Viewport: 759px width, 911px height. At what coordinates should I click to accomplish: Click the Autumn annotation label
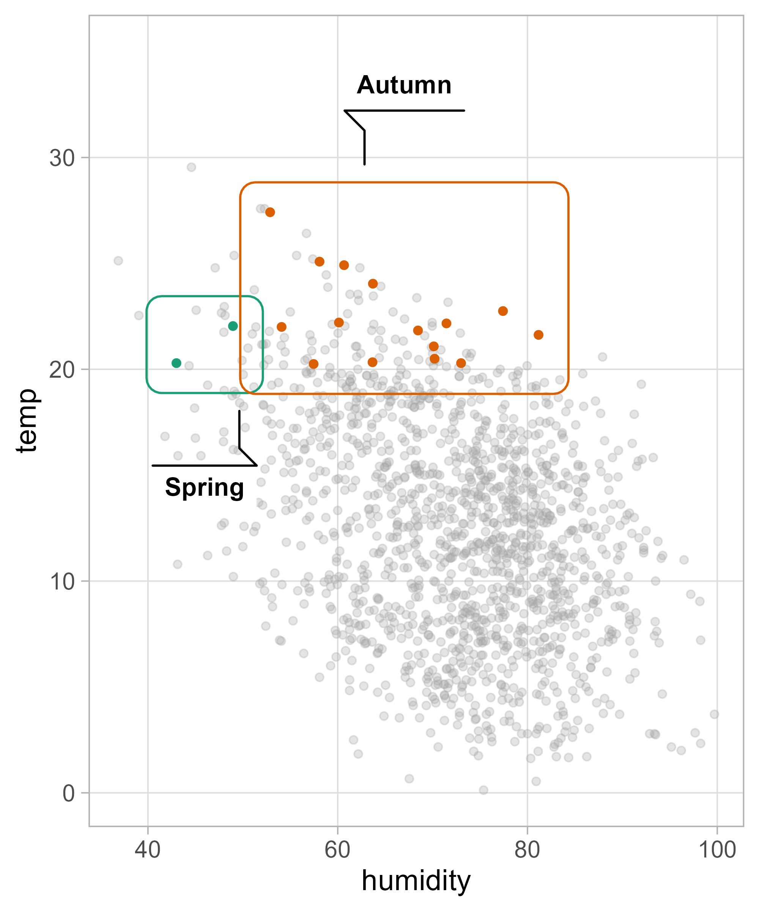point(404,85)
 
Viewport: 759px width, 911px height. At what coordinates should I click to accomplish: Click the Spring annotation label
point(204,488)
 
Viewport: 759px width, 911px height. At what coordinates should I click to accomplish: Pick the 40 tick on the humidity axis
point(148,850)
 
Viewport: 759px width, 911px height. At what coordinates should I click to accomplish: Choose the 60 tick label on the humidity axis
point(337,850)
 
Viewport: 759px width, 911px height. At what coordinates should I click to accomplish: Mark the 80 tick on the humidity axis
point(528,850)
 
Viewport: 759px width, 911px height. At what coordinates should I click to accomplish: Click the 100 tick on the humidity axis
point(717,850)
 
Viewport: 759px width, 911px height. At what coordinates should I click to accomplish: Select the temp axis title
point(27,421)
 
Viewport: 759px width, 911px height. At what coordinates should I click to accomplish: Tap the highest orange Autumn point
point(270,212)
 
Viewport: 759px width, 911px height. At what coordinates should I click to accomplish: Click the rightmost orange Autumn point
point(538,335)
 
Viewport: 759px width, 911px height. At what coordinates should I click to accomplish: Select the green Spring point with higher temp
point(233,326)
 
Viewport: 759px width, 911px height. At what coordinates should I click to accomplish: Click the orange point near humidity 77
point(503,311)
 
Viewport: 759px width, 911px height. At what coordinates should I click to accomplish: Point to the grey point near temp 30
point(191,167)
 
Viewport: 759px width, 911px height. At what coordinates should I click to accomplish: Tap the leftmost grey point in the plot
point(118,261)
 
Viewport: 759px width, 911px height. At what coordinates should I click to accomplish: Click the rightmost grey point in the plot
point(714,714)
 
